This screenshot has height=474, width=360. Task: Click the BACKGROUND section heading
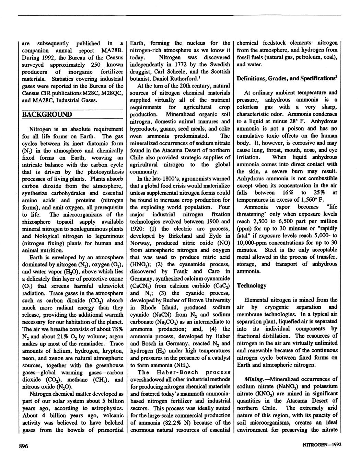click(x=47, y=114)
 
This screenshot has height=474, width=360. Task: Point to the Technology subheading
click(x=251, y=285)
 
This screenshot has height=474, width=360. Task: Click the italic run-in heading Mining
click(x=256, y=379)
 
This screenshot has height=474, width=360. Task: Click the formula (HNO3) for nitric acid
click(x=139, y=264)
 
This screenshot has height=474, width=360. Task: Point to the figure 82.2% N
click(x=181, y=423)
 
